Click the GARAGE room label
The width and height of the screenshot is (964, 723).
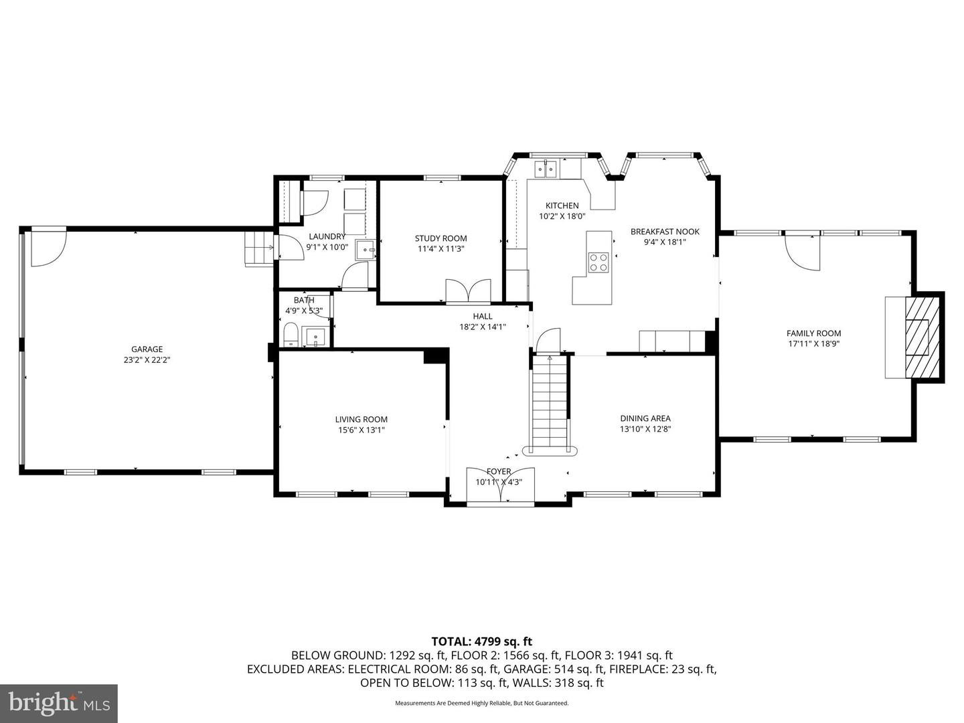(x=147, y=349)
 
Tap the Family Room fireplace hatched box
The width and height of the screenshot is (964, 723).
(x=922, y=336)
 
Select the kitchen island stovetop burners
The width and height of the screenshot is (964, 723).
(x=598, y=262)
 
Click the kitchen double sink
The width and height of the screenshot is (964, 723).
(x=547, y=169)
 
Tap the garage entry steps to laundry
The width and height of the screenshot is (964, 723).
(x=259, y=248)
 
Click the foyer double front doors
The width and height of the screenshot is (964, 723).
(x=500, y=485)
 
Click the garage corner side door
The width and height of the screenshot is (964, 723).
(x=48, y=248)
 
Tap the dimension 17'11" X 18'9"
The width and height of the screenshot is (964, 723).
(x=813, y=344)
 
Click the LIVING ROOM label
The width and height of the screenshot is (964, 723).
(x=361, y=419)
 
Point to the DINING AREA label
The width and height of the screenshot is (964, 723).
(x=645, y=418)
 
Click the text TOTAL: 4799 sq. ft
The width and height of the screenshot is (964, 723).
(x=481, y=641)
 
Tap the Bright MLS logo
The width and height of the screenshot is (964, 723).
(x=58, y=703)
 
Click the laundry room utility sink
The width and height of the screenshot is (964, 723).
(x=366, y=250)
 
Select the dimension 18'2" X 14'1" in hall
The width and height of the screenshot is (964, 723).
(x=482, y=327)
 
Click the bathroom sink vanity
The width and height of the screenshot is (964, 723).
(x=313, y=335)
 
